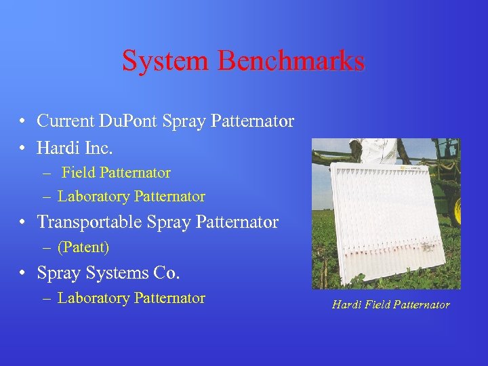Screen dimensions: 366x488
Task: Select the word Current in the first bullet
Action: (66, 121)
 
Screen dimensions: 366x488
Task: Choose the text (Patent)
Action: (83, 247)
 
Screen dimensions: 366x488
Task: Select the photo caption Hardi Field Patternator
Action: (390, 305)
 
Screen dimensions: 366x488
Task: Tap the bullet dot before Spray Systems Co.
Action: (23, 274)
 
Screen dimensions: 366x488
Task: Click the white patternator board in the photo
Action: (383, 217)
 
